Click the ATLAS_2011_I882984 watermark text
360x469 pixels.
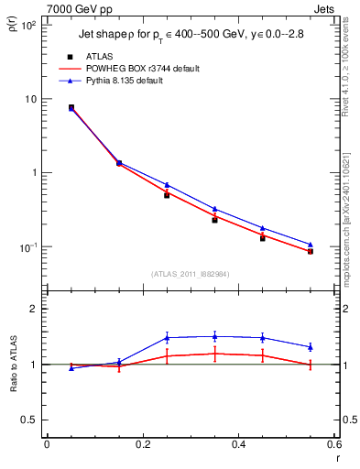click(x=190, y=274)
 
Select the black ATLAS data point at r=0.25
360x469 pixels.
click(x=167, y=195)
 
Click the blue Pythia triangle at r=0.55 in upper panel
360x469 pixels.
click(x=311, y=245)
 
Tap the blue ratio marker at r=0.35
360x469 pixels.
click(x=214, y=335)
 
